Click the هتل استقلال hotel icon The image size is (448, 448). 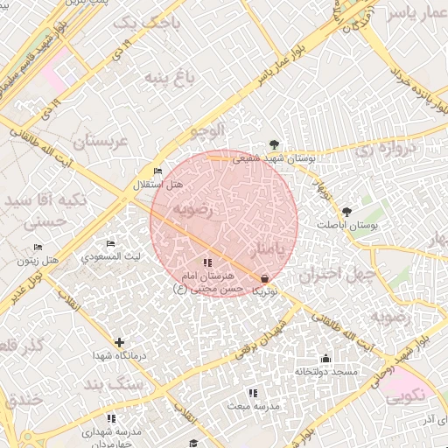click(157, 171)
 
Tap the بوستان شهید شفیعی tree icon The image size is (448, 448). click(276, 144)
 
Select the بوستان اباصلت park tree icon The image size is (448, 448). click(347, 211)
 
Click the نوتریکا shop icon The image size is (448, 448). click(263, 277)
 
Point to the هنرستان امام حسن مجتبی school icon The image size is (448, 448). click(207, 262)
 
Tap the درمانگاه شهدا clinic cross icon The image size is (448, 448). click(119, 342)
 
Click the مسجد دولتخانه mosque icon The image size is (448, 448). click(325, 358)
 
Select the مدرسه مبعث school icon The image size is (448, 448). click(253, 394)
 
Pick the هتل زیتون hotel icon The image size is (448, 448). click(37, 247)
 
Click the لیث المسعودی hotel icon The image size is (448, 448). click(110, 244)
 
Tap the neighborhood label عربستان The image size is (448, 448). click(100, 140)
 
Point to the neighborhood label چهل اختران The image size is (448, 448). click(337, 274)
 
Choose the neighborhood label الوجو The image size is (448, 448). click(207, 130)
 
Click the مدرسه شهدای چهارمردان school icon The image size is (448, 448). click(110, 419)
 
